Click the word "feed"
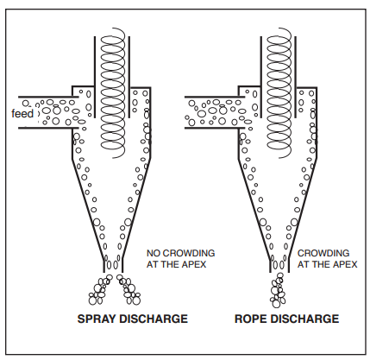click(22, 113)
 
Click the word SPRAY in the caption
click(97, 319)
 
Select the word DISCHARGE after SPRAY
click(154, 319)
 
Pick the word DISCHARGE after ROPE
click(304, 319)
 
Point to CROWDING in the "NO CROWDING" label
click(189, 253)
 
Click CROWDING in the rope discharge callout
click(323, 253)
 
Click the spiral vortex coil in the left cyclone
click(113, 92)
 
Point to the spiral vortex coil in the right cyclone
click(279, 92)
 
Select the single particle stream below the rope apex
click(278, 290)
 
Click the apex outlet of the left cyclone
click(113, 265)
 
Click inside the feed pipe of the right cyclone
click(213, 112)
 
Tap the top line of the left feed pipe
click(48, 97)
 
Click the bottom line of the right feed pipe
click(211, 128)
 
